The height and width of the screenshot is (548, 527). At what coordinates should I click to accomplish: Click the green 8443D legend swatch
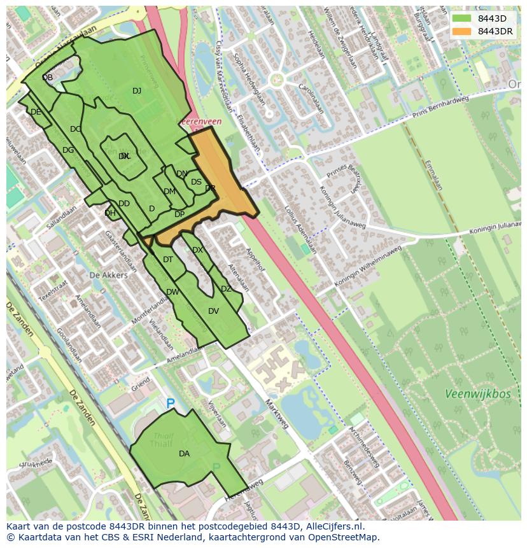(x=461, y=18)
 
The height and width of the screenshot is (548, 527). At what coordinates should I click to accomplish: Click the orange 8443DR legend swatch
(x=461, y=31)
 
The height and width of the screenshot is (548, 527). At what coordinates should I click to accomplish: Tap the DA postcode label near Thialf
(x=184, y=454)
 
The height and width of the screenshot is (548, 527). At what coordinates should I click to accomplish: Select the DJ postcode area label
(x=137, y=91)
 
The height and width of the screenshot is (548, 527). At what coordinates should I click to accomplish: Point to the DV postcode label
(x=213, y=311)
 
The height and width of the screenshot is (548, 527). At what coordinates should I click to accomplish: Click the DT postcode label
(x=168, y=260)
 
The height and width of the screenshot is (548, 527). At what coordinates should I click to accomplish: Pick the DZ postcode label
(x=226, y=289)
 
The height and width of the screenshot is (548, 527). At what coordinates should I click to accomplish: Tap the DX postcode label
(x=197, y=250)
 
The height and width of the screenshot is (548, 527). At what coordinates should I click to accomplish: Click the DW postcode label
(x=172, y=292)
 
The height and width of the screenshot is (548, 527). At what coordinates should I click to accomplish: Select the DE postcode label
(x=36, y=112)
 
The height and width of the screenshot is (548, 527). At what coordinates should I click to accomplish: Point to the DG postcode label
(x=68, y=150)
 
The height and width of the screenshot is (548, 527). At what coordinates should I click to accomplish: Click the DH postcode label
(x=110, y=213)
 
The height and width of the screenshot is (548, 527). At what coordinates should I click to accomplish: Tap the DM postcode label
(x=169, y=192)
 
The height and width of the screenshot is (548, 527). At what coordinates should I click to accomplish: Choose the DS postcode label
(x=196, y=182)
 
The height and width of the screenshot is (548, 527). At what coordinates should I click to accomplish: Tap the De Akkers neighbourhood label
(x=108, y=275)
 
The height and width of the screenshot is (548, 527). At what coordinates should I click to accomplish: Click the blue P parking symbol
(x=170, y=404)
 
